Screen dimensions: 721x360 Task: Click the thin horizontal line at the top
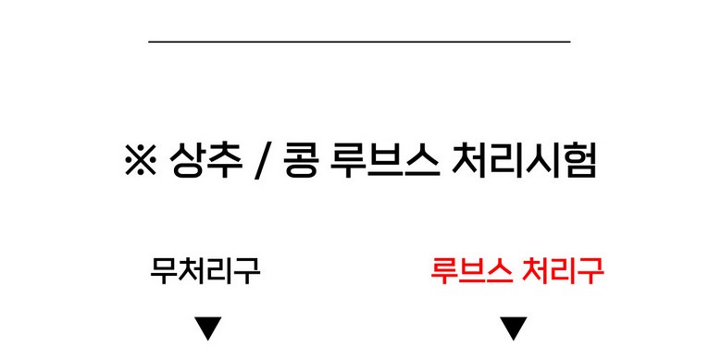[359, 42]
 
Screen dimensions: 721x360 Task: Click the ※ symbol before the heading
[141, 159]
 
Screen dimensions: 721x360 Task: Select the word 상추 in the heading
[205, 160]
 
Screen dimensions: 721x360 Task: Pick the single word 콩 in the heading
[301, 160]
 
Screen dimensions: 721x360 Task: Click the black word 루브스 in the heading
[384, 160]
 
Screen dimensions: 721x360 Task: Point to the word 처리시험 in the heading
[524, 160]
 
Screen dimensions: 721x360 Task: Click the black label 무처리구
[205, 271]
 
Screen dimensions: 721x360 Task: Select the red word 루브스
[471, 271]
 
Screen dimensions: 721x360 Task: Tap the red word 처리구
[564, 271]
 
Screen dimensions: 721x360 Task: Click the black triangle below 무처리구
[208, 329]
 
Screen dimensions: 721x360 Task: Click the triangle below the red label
[514, 329]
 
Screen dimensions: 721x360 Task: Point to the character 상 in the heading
[187, 160]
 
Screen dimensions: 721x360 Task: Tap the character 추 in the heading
[224, 160]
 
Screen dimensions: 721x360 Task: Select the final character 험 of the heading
[578, 160]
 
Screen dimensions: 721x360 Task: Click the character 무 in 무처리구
[164, 271]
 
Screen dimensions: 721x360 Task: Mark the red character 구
[590, 271]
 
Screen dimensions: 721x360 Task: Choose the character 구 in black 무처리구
[247, 271]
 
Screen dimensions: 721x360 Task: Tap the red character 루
[443, 271]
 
